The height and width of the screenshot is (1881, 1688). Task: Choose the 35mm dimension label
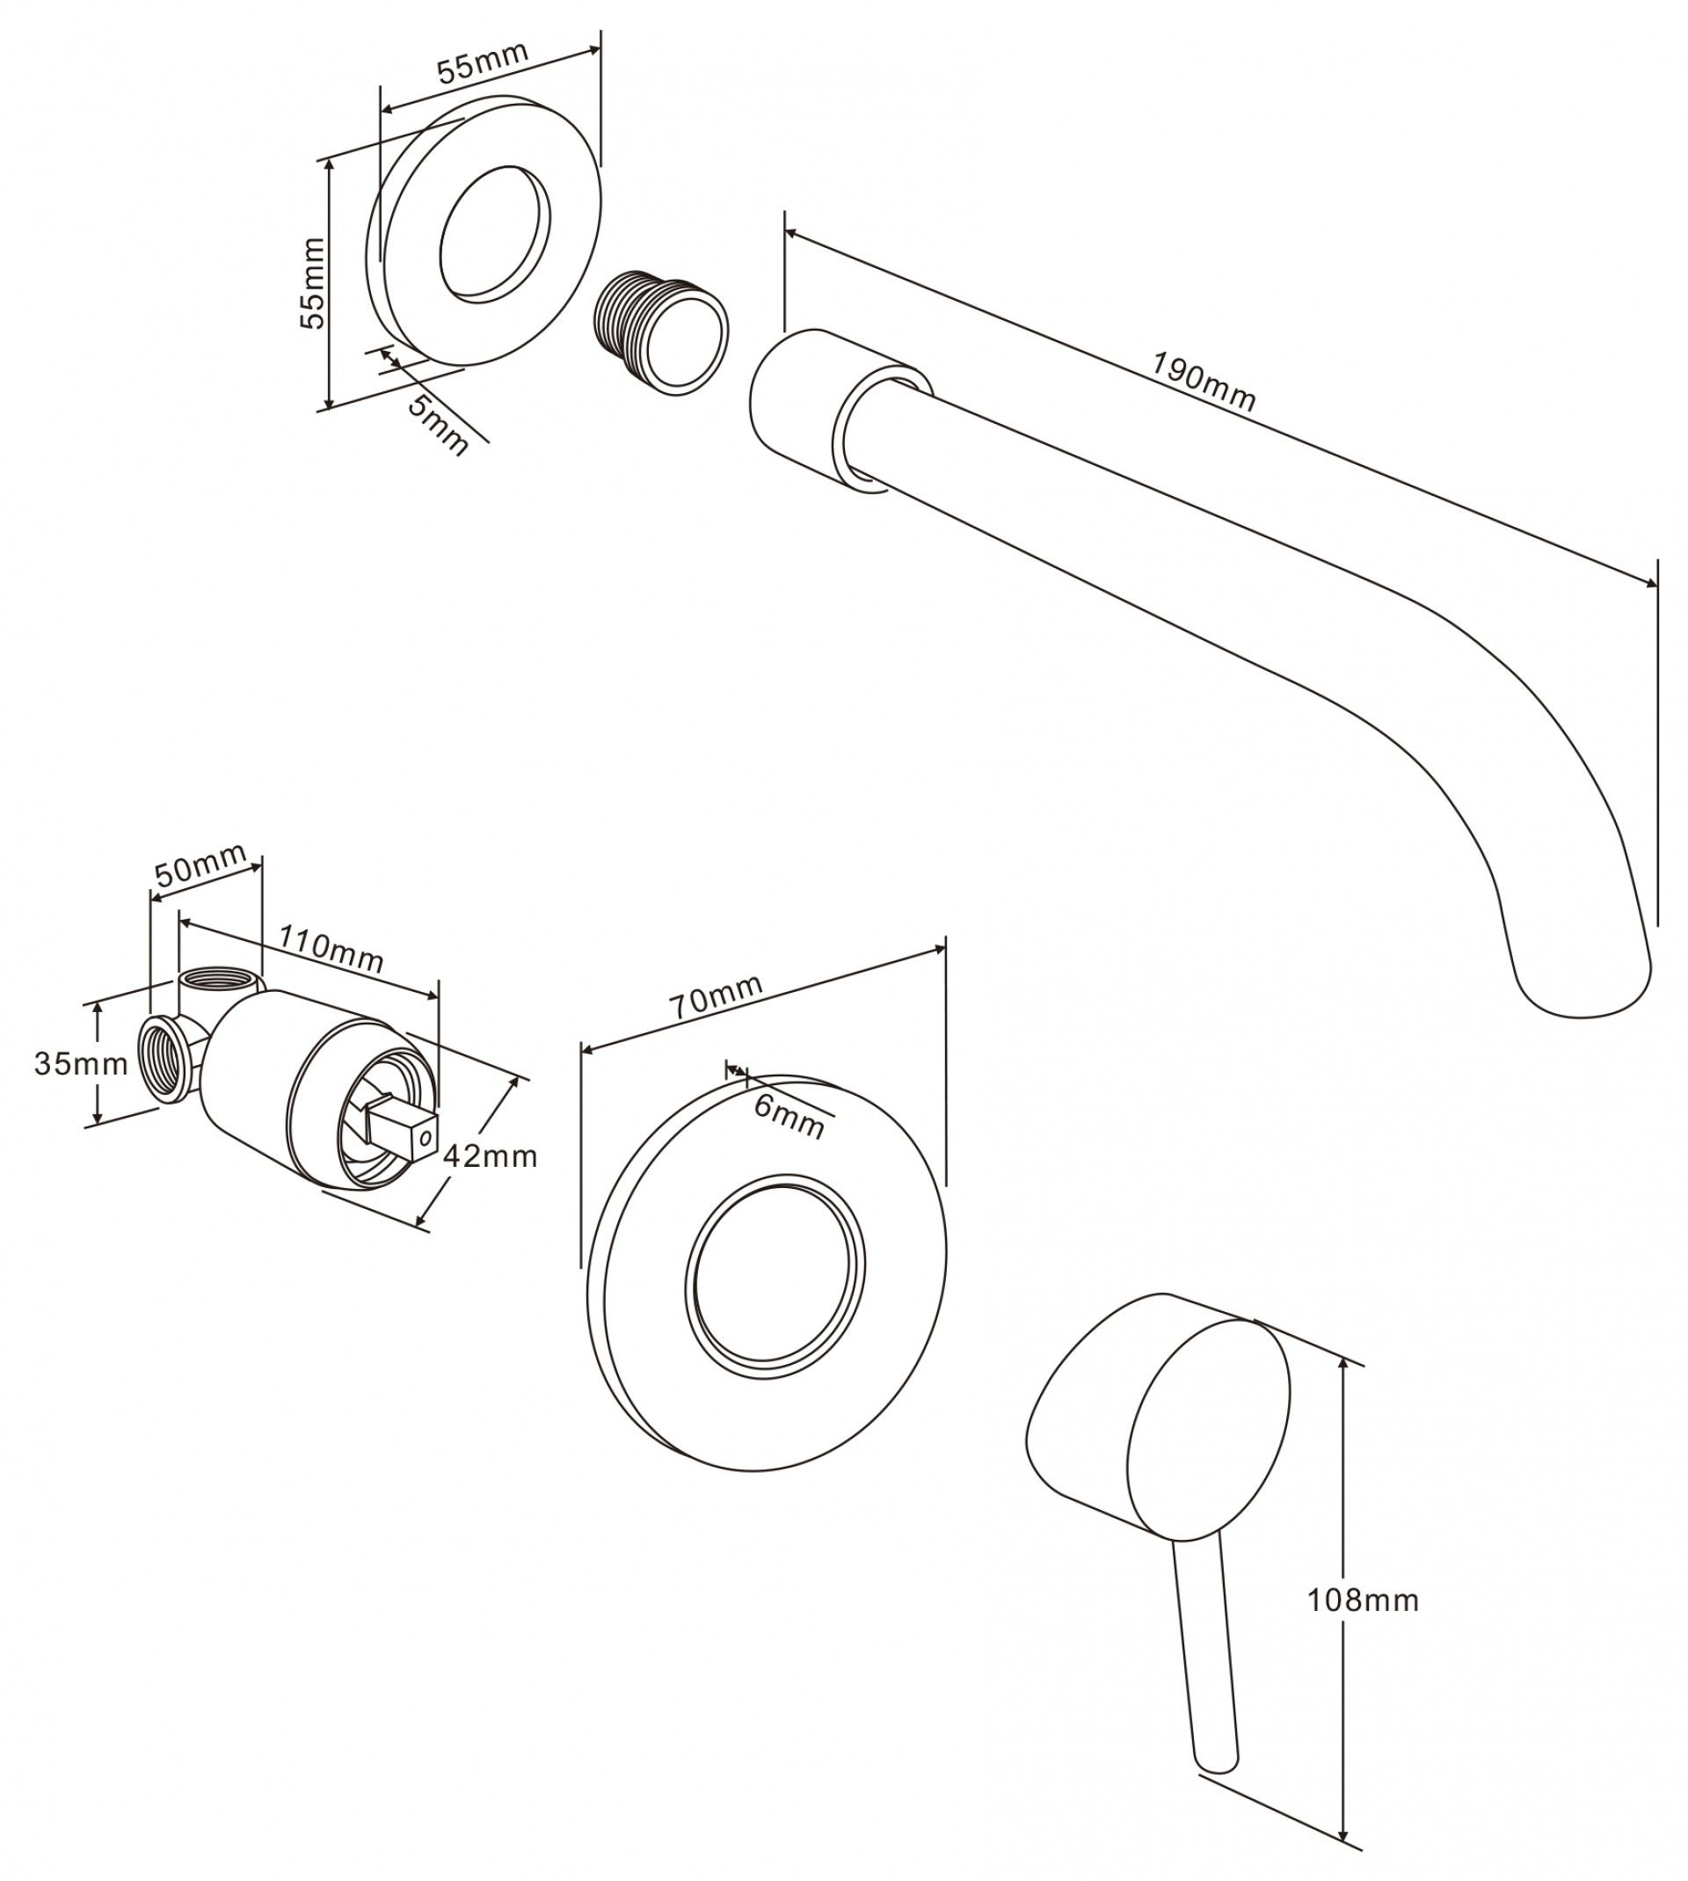(x=81, y=1063)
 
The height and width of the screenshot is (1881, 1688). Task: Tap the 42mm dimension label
(x=491, y=1156)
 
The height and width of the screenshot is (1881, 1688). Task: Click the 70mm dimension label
(x=716, y=997)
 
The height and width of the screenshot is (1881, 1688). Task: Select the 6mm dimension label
(x=789, y=1117)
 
